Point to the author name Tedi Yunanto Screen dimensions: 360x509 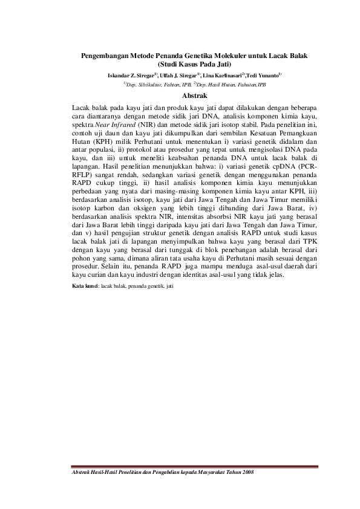(262, 75)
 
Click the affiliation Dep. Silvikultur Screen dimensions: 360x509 (145, 85)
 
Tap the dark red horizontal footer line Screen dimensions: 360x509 (194, 465)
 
